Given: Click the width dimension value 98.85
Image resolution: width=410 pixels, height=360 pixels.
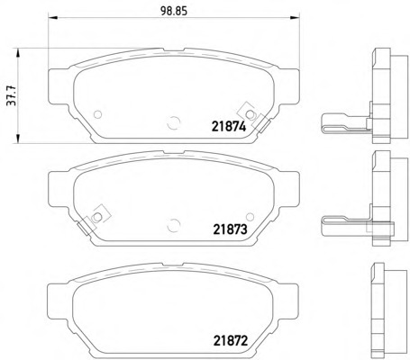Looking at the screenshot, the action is pos(174,11).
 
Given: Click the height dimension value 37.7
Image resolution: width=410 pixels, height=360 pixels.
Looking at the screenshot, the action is pos(12,95).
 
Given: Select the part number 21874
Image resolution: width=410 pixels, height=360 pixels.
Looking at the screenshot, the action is pos(229,127).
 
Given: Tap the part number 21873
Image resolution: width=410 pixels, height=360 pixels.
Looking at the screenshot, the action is pos(230,229).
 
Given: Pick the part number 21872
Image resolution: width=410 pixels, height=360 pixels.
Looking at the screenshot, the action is pos(231,340).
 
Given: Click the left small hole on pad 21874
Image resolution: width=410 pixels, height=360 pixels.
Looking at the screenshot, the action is pos(98,114).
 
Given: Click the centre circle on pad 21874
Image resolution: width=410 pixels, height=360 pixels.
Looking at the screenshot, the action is pos(174,122).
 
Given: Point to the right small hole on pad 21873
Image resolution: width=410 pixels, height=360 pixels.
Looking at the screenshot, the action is pos(250,217).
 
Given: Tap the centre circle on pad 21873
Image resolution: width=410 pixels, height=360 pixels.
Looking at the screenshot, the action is pos(174,225).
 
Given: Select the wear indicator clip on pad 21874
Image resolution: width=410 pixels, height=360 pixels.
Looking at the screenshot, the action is pos(254,117).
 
